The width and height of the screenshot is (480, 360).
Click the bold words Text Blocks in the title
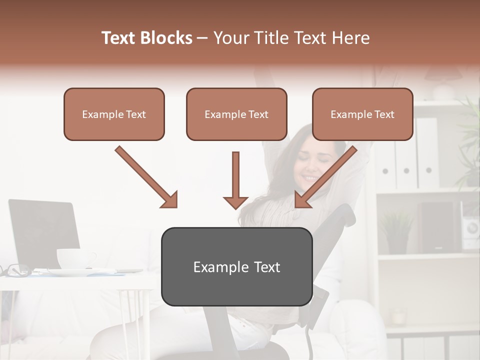pyautogui.click(x=146, y=38)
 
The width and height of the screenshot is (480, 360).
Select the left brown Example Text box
pyautogui.click(x=114, y=114)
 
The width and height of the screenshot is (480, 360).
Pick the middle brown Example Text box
pyautogui.click(x=236, y=114)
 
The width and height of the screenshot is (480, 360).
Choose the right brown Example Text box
pyautogui.click(x=362, y=114)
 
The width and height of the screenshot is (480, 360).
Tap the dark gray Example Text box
pyautogui.click(x=236, y=267)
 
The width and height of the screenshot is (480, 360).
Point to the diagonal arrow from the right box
pyautogui.click(x=325, y=177)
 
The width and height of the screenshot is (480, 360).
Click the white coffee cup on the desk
pyautogui.click(x=75, y=258)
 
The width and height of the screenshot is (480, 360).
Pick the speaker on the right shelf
pyautogui.click(x=437, y=227)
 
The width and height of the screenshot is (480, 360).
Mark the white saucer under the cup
pyautogui.click(x=75, y=272)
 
